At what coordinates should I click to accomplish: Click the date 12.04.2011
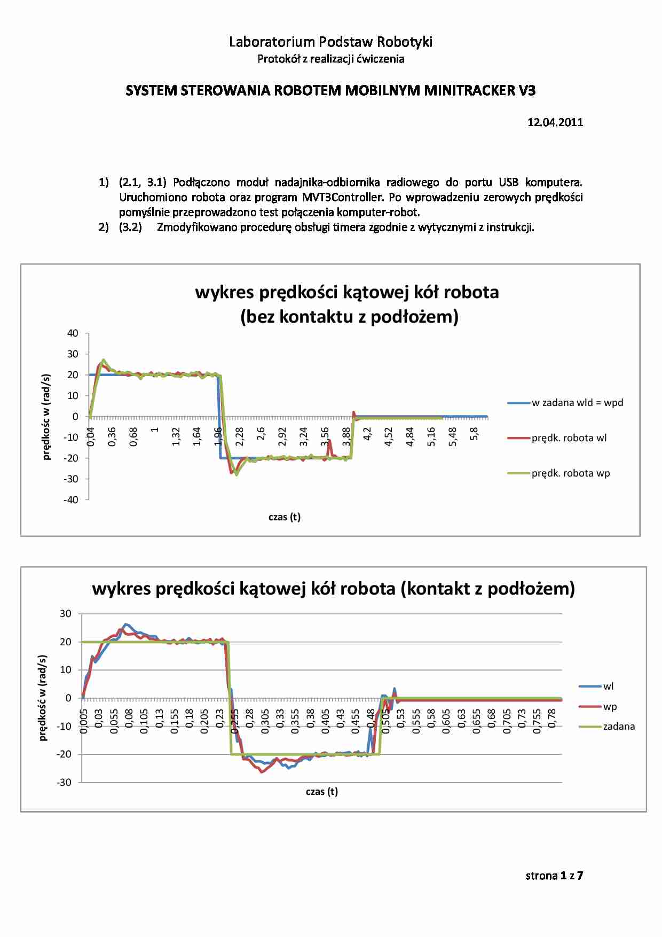[555, 122]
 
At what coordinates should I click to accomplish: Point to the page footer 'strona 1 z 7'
[554, 876]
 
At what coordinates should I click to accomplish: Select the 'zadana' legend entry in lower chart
[619, 727]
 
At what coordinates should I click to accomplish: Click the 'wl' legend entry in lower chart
[608, 686]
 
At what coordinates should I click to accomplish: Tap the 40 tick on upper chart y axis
[73, 333]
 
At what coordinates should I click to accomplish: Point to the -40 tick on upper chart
[71, 500]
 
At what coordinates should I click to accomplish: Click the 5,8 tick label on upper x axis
[474, 434]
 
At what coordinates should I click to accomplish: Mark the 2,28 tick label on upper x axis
[240, 436]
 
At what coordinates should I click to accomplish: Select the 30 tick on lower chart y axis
[65, 614]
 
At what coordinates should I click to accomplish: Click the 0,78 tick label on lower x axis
[553, 718]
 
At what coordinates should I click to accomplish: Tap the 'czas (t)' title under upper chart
[285, 517]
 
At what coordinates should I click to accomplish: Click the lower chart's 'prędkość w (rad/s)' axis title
[43, 698]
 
